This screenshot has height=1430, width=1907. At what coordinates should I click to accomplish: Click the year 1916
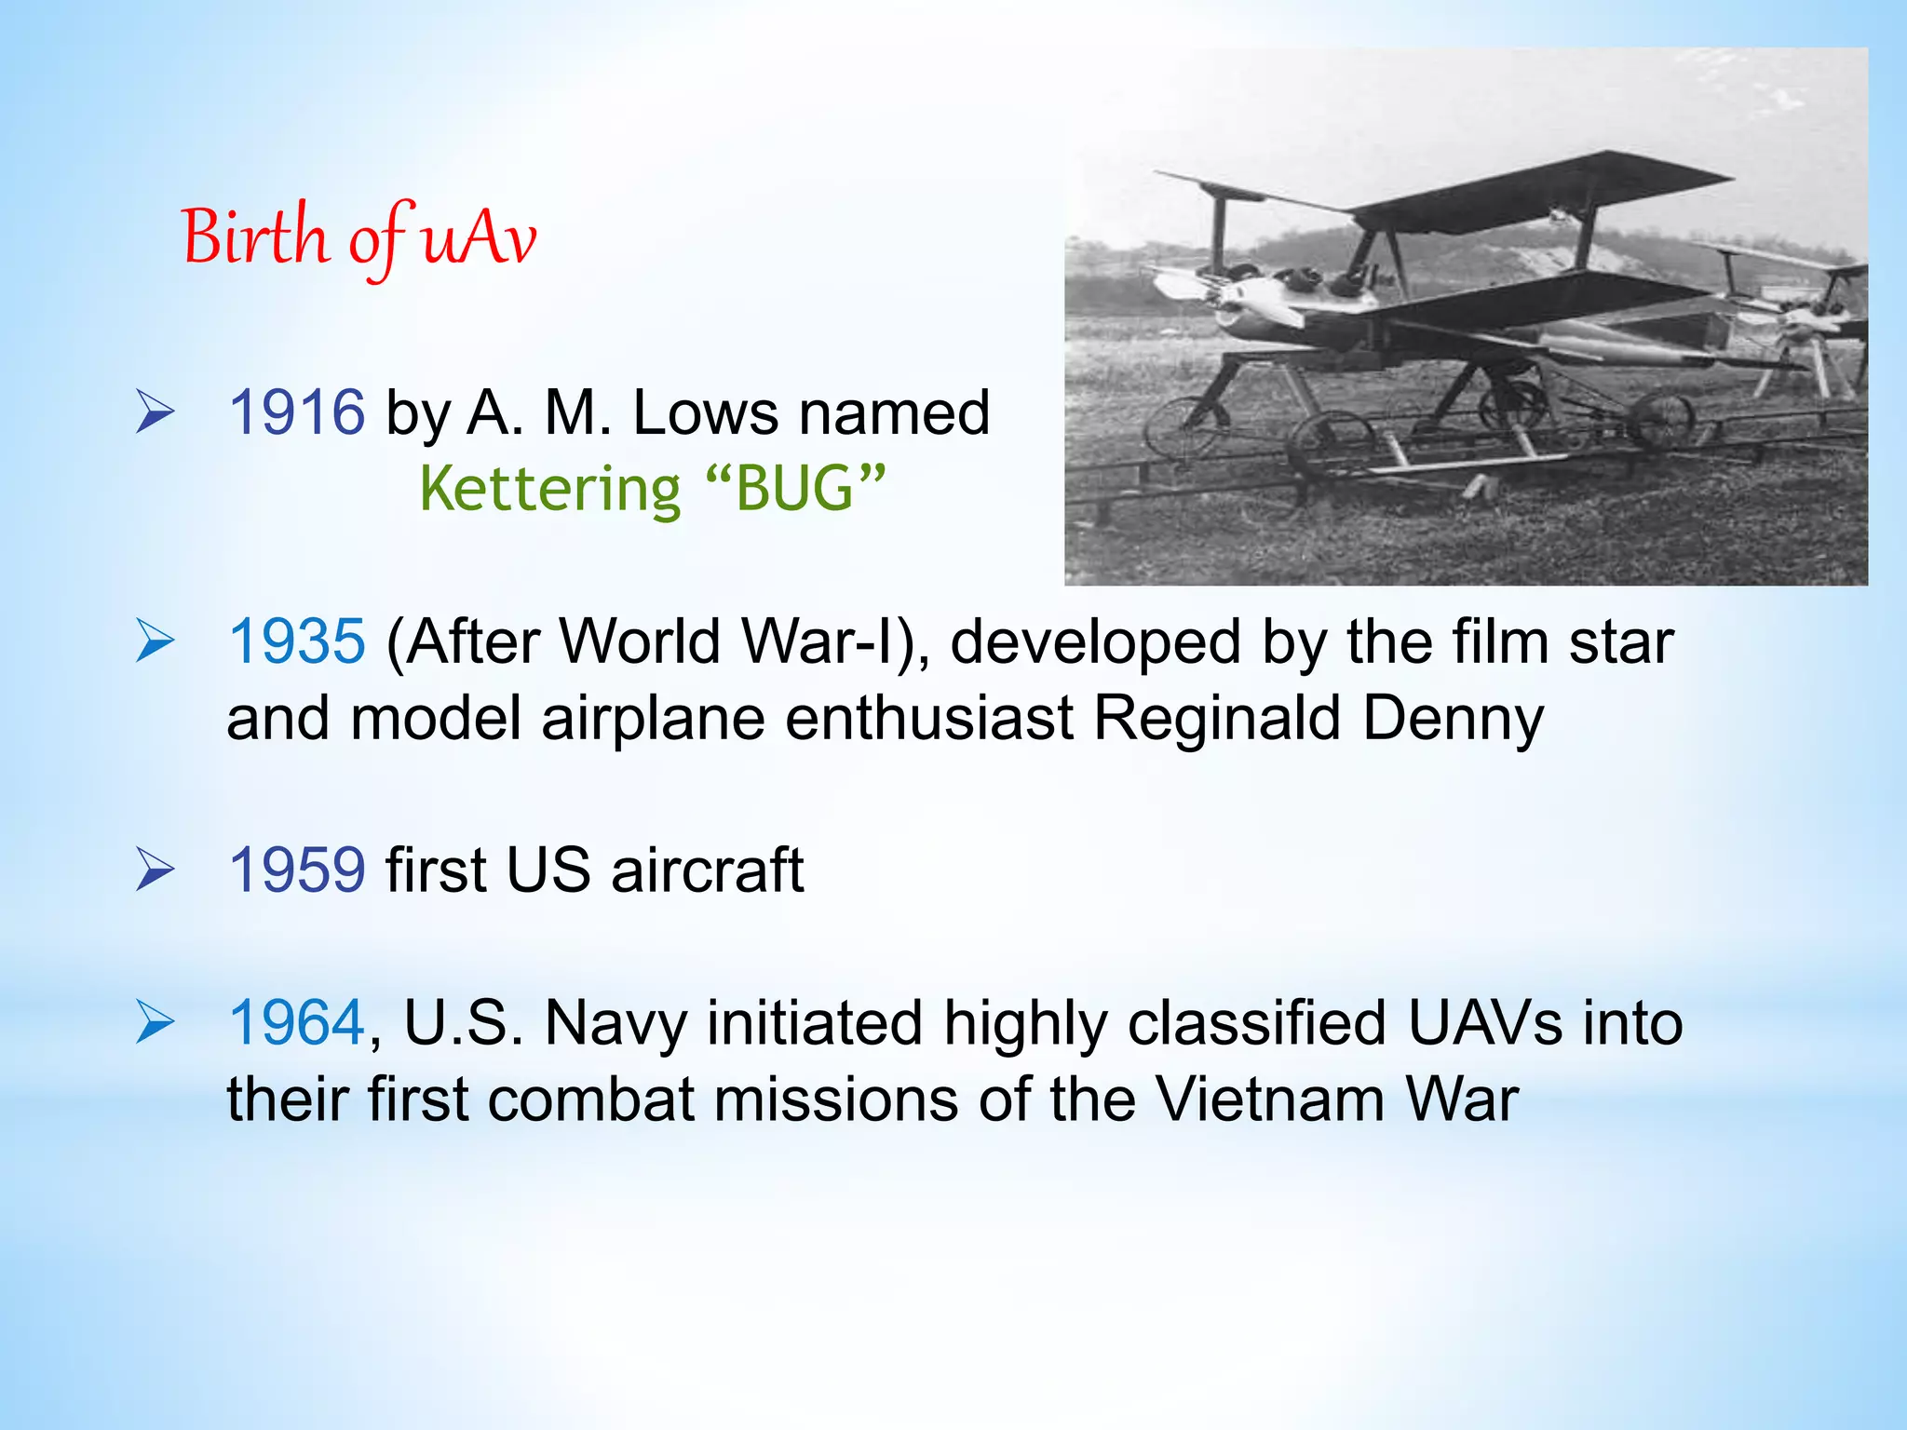[x=297, y=412]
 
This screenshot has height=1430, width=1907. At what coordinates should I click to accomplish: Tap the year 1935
[x=297, y=641]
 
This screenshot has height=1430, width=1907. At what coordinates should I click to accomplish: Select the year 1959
[x=297, y=870]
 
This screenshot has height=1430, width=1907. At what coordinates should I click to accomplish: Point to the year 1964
[x=297, y=1023]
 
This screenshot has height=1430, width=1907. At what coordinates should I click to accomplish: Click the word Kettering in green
[x=550, y=489]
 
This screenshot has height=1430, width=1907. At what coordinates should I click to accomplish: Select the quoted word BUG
[x=794, y=489]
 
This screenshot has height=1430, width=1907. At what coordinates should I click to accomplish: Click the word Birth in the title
[x=254, y=237]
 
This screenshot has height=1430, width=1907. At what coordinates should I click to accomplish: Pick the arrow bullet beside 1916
[x=155, y=412]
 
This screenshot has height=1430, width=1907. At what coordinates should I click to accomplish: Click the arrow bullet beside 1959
[x=155, y=870]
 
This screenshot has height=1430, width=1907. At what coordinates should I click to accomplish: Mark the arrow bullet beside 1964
[x=155, y=1023]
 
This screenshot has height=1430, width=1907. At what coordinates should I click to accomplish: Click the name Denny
[x=1453, y=719]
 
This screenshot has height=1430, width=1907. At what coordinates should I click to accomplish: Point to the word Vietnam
[x=1270, y=1099]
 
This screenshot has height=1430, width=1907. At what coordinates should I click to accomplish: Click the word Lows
[x=705, y=412]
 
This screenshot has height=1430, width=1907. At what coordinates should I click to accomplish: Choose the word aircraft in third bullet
[x=708, y=870]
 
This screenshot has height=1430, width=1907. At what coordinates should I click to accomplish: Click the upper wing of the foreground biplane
[x=1527, y=196]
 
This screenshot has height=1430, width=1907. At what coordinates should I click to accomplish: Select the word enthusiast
[x=929, y=719]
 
